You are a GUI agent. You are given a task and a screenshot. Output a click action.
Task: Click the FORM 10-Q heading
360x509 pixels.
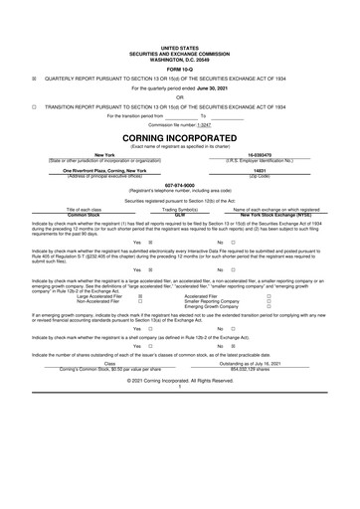click(x=179, y=68)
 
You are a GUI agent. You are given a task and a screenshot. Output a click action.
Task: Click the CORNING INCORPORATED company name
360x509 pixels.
click(x=179, y=138)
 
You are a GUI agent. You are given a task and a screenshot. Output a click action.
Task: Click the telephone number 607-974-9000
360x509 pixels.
click(x=179, y=184)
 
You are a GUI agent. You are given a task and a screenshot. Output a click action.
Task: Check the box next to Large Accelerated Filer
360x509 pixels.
click(x=140, y=295)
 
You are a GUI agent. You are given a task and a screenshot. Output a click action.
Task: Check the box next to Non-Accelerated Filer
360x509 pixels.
click(x=140, y=301)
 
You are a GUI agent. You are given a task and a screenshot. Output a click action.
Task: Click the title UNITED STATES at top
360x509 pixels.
click(x=179, y=47)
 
